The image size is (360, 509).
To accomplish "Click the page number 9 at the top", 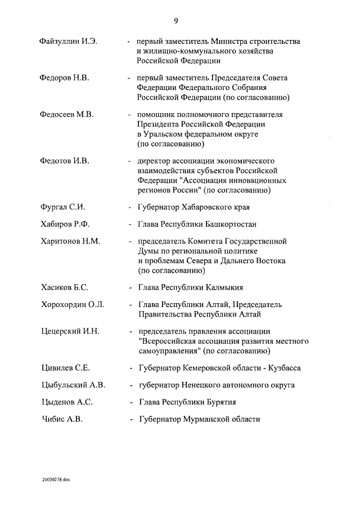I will pyautogui.click(x=176, y=21).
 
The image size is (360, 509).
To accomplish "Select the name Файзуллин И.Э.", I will pyautogui.click(x=69, y=42).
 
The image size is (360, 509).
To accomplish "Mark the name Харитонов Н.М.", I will pyautogui.click(x=70, y=241).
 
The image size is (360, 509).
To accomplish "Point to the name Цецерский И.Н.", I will pyautogui.click(x=70, y=331).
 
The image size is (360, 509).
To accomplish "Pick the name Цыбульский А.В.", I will pyautogui.click(x=73, y=385).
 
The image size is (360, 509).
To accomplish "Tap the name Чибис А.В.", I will pyautogui.click(x=62, y=419).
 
